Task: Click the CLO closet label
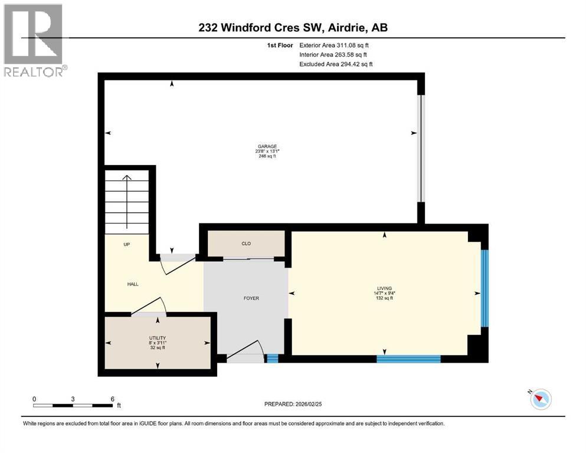pos(246,242)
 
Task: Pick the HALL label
pos(133,284)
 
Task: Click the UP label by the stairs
pos(126,244)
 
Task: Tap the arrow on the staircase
pos(126,201)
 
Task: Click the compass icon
pos(539,399)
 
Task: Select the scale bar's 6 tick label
pos(112,399)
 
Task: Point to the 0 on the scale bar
pos(34,399)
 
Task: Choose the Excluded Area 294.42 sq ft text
pos(336,64)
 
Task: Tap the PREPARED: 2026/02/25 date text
pos(297,404)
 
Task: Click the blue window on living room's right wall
pos(484,288)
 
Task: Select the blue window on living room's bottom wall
pos(408,358)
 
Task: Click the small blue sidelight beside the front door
pos(271,358)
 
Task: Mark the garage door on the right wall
pos(421,148)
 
